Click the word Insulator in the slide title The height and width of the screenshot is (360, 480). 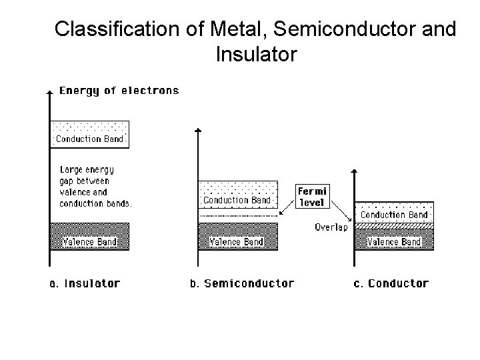[256, 54]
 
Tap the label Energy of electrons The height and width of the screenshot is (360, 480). [119, 91]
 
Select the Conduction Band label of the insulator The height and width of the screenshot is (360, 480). [89, 139]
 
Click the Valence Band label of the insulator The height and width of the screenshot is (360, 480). [89, 242]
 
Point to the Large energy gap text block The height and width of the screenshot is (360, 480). [95, 187]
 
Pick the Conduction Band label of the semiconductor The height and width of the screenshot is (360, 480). [237, 200]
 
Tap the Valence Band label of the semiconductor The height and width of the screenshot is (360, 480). [237, 242]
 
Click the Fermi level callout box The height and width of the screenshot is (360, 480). [312, 196]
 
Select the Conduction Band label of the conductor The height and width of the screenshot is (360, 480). [394, 215]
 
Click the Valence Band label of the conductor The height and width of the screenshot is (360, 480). [394, 242]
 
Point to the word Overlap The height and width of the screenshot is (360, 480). [331, 227]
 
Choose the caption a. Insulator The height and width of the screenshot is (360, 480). [85, 283]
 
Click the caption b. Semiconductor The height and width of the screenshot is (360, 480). [242, 283]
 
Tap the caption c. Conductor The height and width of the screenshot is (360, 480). [391, 283]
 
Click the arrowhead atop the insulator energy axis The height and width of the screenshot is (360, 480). [50, 91]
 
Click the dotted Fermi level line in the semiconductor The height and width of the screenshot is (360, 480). [238, 217]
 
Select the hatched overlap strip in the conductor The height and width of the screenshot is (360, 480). [394, 227]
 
